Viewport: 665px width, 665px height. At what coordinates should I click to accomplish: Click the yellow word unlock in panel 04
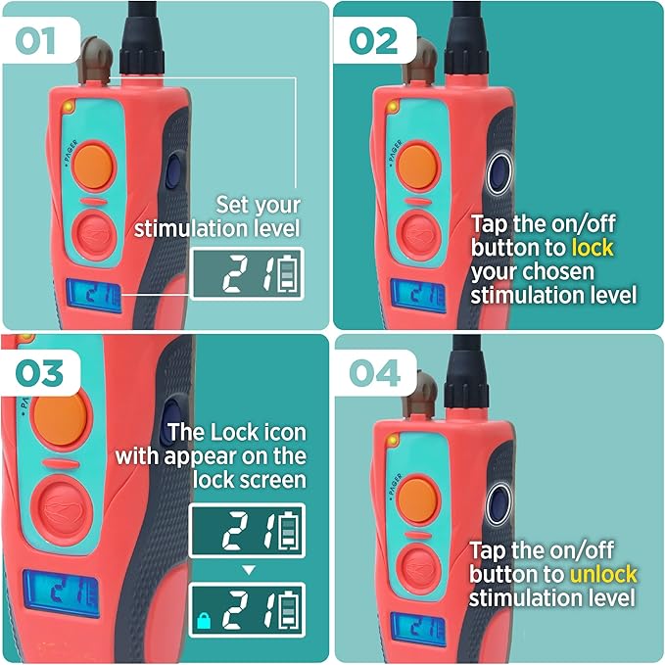tap(600, 574)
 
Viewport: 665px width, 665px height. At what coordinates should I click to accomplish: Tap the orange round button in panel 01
tap(95, 162)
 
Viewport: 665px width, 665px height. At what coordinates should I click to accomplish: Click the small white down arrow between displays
tap(248, 569)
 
